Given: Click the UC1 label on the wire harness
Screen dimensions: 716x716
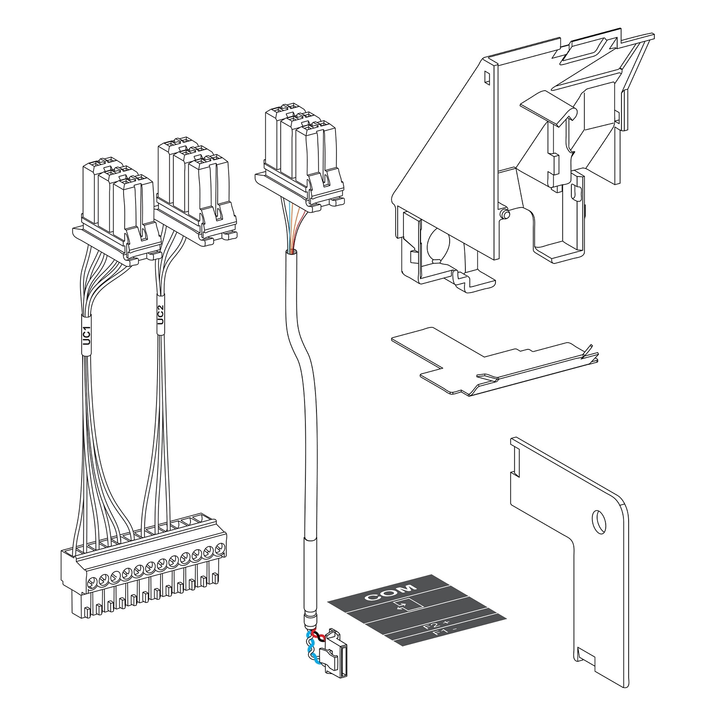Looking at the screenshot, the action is pyautogui.click(x=86, y=336).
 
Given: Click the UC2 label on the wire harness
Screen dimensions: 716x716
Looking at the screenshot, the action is pyautogui.click(x=160, y=315).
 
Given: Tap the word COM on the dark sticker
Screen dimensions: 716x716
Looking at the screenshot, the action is pyautogui.click(x=390, y=592).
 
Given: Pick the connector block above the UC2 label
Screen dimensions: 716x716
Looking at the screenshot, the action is pyautogui.click(x=197, y=191).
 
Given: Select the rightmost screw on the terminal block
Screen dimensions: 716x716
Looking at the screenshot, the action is pyautogui.click(x=220, y=548).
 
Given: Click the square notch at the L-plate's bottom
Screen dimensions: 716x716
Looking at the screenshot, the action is pyautogui.click(x=585, y=655).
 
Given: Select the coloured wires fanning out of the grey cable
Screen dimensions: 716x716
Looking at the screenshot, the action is pyautogui.click(x=291, y=227).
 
